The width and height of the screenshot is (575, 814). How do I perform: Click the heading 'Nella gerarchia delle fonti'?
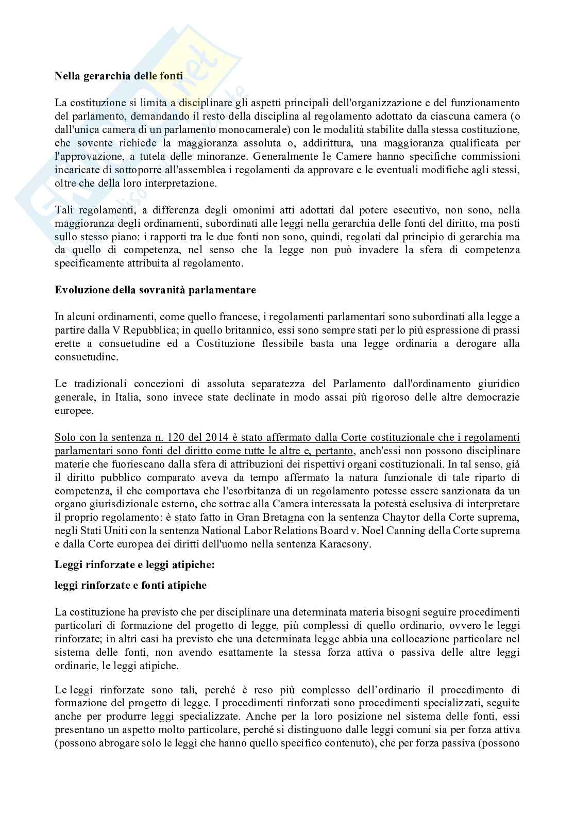pyautogui.click(x=119, y=76)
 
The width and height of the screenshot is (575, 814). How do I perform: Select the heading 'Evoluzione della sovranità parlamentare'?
pyautogui.click(x=156, y=290)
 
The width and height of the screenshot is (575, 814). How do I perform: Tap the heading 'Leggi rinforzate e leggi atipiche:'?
pyautogui.click(x=134, y=564)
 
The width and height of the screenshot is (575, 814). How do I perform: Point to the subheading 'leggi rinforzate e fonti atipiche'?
pyautogui.click(x=130, y=585)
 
